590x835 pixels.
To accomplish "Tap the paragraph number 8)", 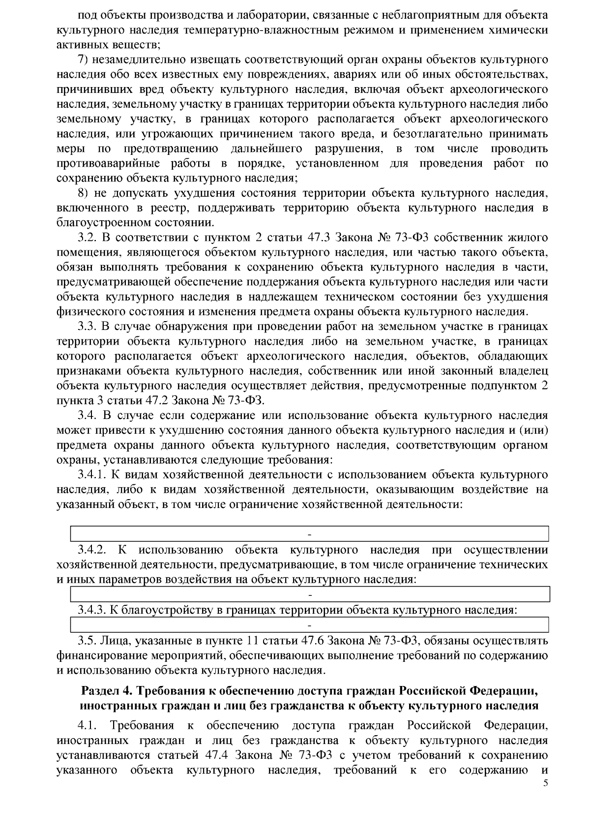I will tap(84, 193).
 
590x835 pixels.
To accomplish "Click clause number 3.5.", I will tap(87, 640).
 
